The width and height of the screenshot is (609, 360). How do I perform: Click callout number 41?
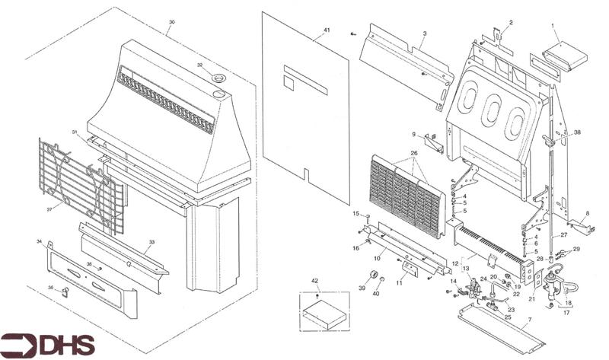[x=327, y=30]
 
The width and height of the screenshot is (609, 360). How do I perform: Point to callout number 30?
[x=171, y=23]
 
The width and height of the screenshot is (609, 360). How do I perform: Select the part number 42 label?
[x=314, y=282]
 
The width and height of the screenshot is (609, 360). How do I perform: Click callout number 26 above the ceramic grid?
[x=415, y=153]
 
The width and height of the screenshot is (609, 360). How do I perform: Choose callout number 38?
[x=577, y=132]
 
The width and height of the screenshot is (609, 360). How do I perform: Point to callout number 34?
[x=39, y=242]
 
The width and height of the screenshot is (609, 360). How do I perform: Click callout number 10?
[x=375, y=258]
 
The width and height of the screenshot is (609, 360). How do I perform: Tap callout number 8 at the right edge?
[x=588, y=215]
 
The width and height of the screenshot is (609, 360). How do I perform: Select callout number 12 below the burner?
[x=455, y=264]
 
